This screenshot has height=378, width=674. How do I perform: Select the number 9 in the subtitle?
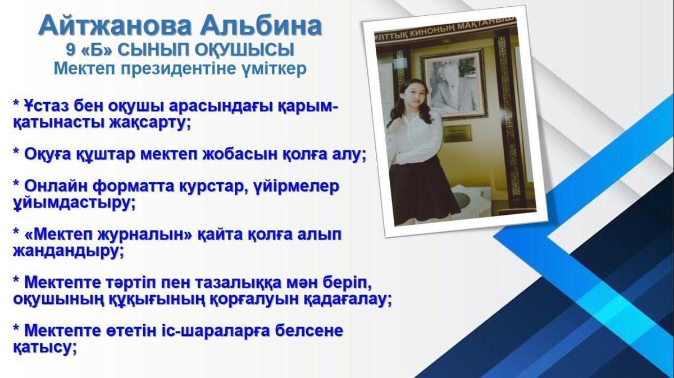tap(70, 50)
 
